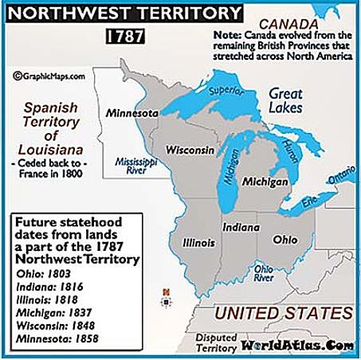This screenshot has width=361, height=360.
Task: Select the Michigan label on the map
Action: pos(265,182)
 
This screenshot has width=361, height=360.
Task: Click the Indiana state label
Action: pos(241,227)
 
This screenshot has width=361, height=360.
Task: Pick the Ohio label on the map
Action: pos(286,238)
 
